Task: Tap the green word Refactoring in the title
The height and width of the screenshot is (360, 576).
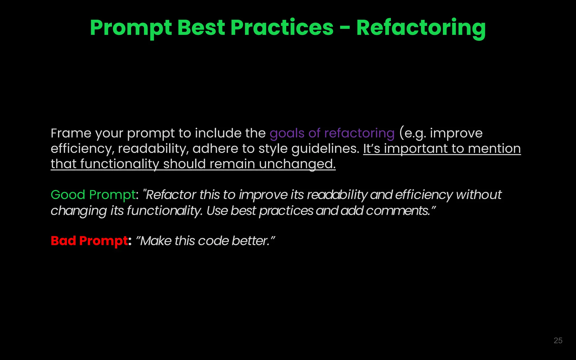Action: coord(421,28)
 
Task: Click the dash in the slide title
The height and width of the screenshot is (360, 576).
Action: coord(345,28)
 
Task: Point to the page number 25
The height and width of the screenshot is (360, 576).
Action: coord(558,341)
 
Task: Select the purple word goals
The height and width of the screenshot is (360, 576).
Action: coord(287,133)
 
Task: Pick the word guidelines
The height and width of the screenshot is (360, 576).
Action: coord(325,149)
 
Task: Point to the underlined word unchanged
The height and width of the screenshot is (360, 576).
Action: coord(297,164)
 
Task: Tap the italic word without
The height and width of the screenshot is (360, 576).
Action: coord(479,195)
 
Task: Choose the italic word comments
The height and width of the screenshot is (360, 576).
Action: coord(398,211)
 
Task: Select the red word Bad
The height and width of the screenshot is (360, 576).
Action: coord(63,241)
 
